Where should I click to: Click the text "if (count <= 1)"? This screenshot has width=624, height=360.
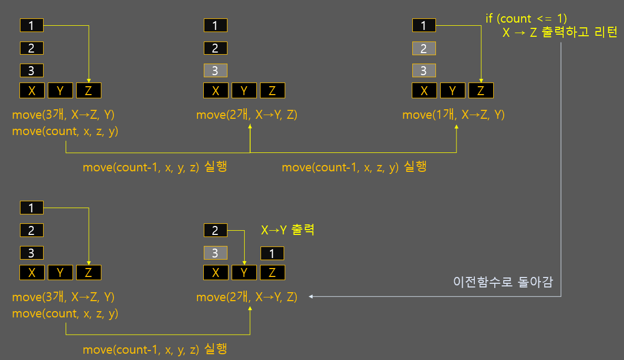526,19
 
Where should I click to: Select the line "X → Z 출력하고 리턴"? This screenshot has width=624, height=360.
560,33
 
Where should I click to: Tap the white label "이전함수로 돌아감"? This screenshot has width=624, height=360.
503,282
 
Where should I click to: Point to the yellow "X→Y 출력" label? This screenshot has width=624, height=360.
288,230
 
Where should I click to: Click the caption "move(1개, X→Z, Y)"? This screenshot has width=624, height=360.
453,115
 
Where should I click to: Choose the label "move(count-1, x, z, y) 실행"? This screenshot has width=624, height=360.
354,168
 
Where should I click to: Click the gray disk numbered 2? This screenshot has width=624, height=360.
424,48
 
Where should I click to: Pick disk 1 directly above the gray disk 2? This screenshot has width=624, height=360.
424,25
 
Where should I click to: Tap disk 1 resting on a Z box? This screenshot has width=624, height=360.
272,253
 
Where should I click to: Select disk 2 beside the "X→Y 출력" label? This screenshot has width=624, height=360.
215,230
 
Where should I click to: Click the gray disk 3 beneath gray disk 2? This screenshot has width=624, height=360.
424,70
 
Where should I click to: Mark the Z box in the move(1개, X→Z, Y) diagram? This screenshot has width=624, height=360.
481,91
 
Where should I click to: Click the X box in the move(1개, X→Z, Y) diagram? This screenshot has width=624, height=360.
424,91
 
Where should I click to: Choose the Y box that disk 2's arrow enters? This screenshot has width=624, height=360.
244,273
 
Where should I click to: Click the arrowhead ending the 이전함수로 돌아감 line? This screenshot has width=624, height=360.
311,297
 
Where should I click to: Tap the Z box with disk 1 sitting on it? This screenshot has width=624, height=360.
272,273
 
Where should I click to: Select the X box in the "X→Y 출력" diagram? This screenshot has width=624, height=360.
216,273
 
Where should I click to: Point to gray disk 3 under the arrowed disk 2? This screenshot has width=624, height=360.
215,253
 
